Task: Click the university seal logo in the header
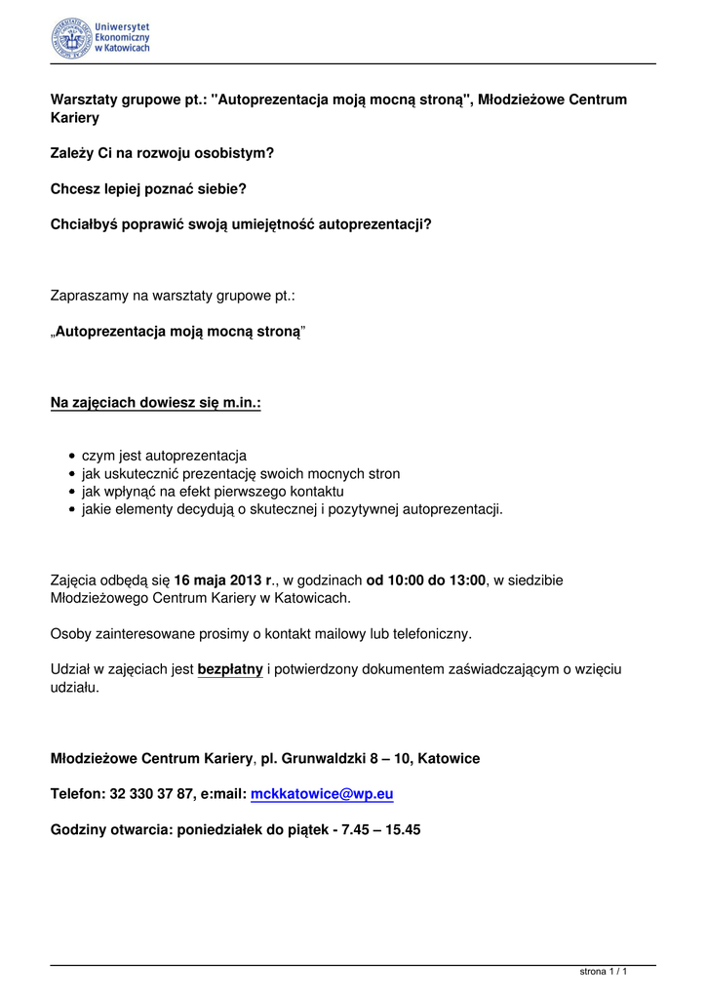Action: point(71,38)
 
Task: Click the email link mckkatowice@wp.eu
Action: point(322,795)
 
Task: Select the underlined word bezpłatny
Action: point(230,670)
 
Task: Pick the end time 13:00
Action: point(467,580)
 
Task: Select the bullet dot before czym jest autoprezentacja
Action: point(72,457)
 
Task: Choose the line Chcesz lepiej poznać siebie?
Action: point(148,188)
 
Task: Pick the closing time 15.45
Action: point(401,831)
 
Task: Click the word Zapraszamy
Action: point(89,296)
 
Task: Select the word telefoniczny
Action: point(425,634)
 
